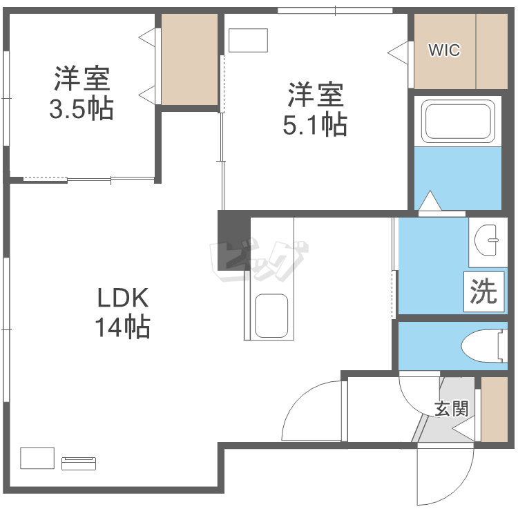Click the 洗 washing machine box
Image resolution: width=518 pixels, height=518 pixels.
pyautogui.click(x=484, y=291)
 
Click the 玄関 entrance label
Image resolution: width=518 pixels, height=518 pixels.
pyautogui.click(x=452, y=408)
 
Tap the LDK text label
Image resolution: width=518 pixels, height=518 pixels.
pyautogui.click(x=122, y=298)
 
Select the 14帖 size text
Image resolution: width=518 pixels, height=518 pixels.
pyautogui.click(x=122, y=327)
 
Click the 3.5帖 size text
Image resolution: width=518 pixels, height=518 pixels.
pyautogui.click(x=81, y=109)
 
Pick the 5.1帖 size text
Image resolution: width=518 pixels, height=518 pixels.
pyautogui.click(x=315, y=124)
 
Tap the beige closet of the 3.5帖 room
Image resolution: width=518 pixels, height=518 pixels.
pyautogui.click(x=190, y=59)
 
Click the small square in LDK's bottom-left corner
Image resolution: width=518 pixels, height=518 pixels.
pyautogui.click(x=37, y=458)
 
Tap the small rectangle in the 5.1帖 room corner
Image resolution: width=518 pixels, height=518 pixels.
pyautogui.click(x=248, y=40)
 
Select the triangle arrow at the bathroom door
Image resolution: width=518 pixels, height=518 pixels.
pyautogui.click(x=431, y=201)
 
